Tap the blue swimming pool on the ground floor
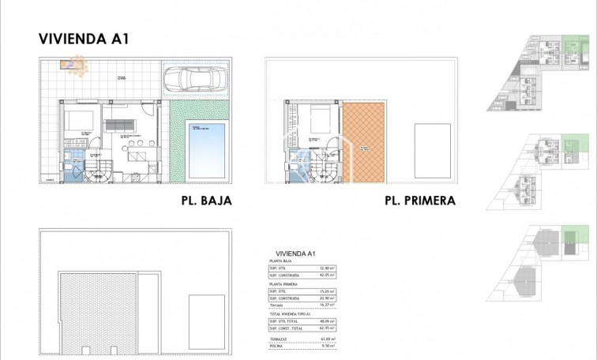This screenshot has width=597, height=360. [205, 148]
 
